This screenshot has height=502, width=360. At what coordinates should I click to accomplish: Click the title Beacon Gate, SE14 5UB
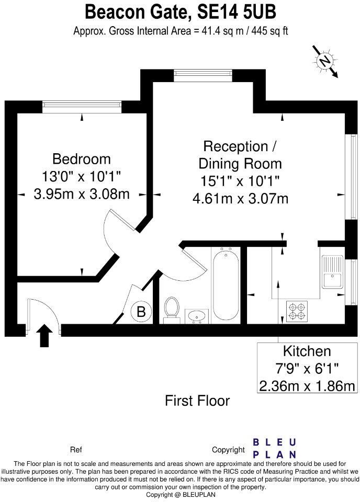tap(181, 11)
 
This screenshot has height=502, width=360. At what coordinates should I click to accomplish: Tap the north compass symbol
tap(326, 62)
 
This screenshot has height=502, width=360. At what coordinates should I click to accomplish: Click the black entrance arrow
tap(46, 335)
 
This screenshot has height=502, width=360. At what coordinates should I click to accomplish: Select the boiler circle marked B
tap(141, 312)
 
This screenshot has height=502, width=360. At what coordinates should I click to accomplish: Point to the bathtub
tap(226, 285)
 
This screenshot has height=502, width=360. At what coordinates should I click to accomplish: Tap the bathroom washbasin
tap(198, 315)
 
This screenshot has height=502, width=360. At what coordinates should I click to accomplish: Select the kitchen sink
tap(332, 272)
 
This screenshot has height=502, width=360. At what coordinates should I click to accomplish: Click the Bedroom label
tap(82, 159)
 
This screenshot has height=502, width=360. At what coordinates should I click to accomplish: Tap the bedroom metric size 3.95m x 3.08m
tap(82, 194)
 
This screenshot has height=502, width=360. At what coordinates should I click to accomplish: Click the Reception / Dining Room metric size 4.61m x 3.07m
tap(240, 198)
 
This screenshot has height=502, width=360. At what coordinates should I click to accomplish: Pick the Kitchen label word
tap(307, 351)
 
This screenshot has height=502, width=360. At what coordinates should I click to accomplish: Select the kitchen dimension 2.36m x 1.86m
tap(307, 386)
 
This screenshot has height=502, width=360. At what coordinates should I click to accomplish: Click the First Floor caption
tap(197, 401)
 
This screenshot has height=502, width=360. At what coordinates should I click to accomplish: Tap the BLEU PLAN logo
tap(275, 448)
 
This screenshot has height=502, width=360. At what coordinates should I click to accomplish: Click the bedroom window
tap(82, 106)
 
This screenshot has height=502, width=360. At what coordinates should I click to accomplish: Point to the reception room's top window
tap(204, 75)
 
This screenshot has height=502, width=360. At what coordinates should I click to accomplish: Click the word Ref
tap(76, 450)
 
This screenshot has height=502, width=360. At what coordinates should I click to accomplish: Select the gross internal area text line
tap(181, 31)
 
